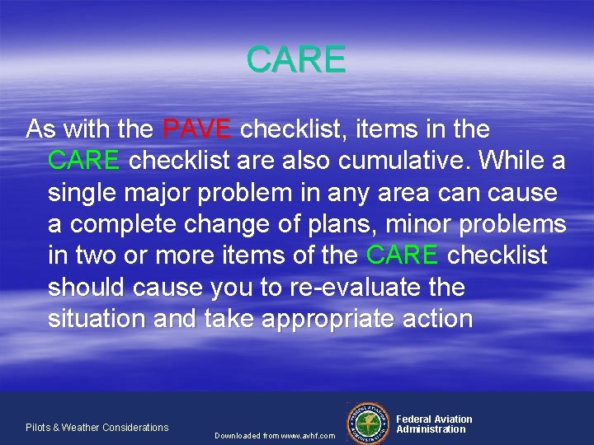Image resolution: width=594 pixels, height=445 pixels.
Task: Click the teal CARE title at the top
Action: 296,60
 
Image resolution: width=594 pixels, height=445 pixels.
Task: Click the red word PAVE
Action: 197,129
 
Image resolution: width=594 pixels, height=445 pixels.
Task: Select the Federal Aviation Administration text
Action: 434,424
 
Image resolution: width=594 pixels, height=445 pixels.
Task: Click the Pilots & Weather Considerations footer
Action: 97,427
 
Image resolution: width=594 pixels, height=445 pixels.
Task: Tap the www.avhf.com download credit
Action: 275,435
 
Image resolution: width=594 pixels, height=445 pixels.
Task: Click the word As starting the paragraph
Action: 41,129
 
